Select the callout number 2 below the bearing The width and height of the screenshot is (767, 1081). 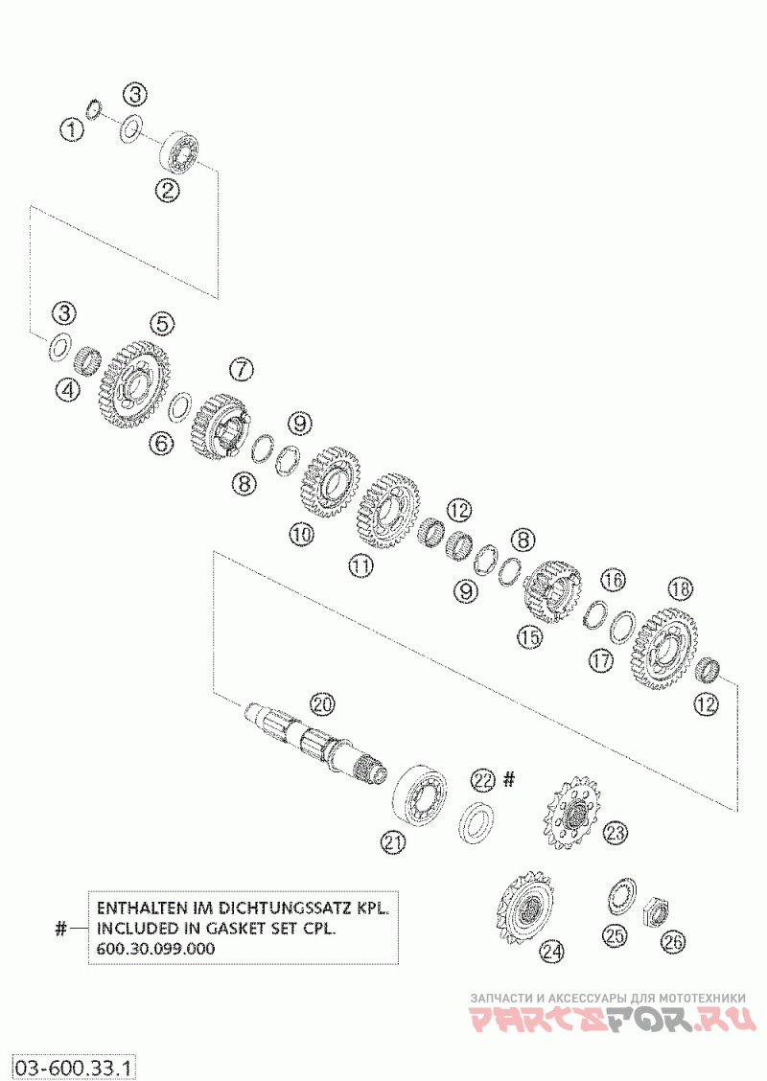click(169, 190)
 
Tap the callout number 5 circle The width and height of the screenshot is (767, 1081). click(161, 324)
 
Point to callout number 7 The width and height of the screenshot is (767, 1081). click(241, 368)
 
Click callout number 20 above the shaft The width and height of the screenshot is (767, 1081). click(322, 704)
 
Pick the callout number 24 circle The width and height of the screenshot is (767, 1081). click(551, 951)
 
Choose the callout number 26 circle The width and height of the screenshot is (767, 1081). click(674, 941)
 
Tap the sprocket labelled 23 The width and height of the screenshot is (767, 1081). click(572, 814)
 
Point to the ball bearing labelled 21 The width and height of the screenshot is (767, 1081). click(421, 793)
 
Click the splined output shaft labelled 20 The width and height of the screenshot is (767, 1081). click(316, 745)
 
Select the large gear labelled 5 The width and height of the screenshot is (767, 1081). click(133, 384)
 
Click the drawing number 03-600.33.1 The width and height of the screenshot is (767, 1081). click(73, 1066)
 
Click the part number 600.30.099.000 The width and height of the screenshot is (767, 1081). click(155, 948)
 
